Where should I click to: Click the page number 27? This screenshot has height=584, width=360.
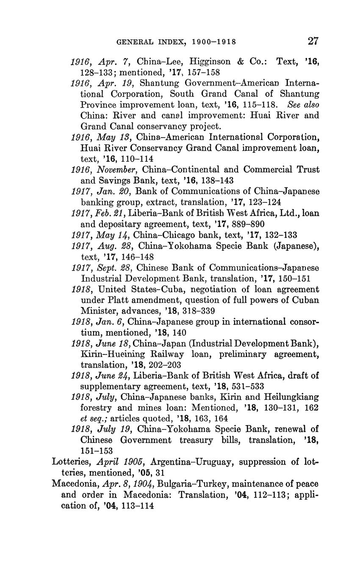pos(313,41)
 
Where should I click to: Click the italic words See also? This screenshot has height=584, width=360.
pos(303,104)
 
